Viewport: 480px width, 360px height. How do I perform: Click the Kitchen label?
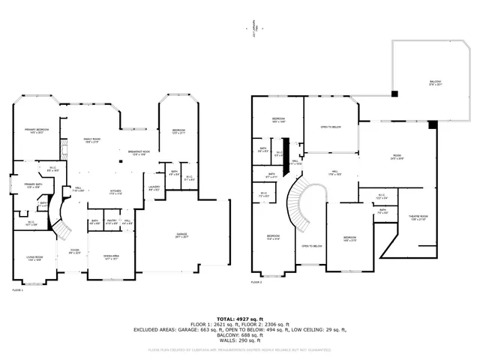(x=115, y=191)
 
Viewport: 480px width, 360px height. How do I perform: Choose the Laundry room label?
(x=154, y=188)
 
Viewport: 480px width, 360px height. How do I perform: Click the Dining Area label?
(x=110, y=256)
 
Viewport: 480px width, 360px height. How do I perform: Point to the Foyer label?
(x=75, y=251)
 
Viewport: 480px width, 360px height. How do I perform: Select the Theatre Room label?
(x=418, y=217)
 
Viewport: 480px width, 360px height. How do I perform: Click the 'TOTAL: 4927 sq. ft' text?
(x=240, y=319)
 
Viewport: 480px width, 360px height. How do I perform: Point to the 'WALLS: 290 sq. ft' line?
(x=240, y=341)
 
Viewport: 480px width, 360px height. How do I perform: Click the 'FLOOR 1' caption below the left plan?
(x=17, y=289)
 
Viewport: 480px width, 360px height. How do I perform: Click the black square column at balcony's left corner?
(x=394, y=94)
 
